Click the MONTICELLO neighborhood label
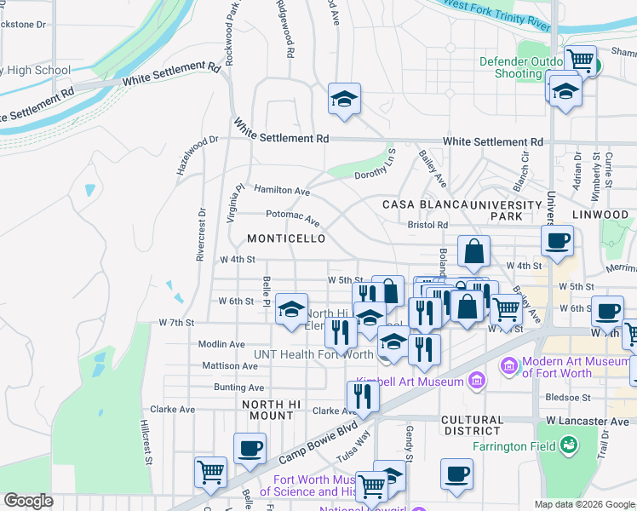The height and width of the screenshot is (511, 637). [286, 239]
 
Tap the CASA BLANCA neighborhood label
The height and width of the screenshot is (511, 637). [424, 205]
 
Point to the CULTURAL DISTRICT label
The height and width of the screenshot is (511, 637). [473, 426]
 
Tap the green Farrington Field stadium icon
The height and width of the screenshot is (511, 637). [569, 445]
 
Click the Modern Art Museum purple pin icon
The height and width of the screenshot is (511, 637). [509, 365]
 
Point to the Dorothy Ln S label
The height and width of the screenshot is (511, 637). [376, 164]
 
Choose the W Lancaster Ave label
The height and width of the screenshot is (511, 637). [588, 421]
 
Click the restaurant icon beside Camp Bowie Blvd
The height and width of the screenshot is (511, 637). [363, 397]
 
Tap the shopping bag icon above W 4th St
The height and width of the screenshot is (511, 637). [473, 251]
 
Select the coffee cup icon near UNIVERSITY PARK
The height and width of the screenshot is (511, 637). [557, 240]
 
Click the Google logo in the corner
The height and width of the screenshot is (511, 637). [28, 501]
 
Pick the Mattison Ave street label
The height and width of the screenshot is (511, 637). [229, 365]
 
